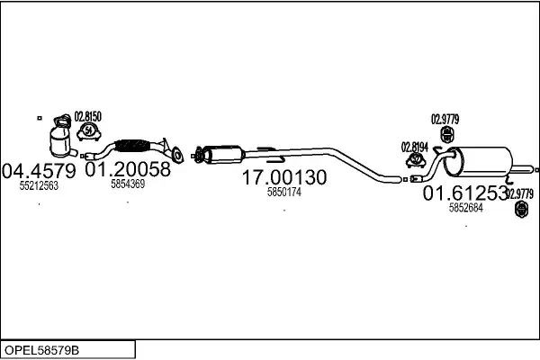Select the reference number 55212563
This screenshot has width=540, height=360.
39,186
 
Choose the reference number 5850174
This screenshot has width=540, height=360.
284,193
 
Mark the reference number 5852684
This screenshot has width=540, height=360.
465,207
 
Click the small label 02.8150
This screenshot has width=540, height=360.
88,116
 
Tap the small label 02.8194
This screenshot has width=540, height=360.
416,146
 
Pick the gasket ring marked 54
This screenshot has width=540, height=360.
89,132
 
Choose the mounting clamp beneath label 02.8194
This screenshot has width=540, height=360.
417,161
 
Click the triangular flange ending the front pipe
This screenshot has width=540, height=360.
178,155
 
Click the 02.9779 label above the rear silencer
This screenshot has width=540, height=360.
445,118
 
